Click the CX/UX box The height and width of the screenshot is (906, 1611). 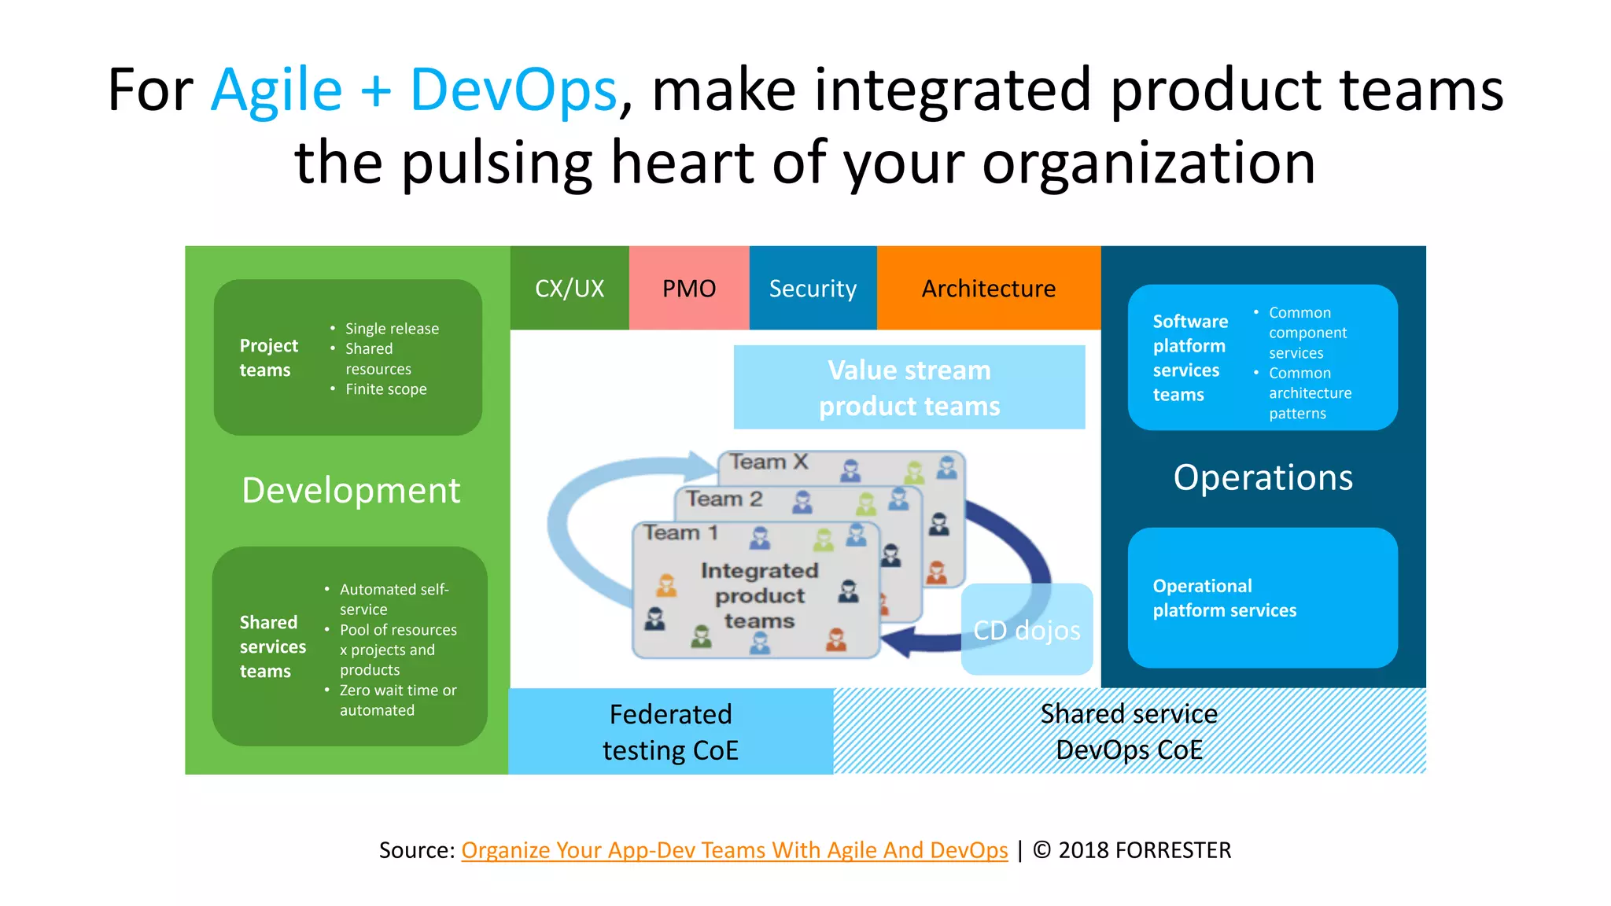570,289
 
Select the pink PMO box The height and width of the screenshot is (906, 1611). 689,289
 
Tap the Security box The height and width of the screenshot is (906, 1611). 813,289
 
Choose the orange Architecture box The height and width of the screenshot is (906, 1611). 989,289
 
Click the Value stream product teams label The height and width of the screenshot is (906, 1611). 909,388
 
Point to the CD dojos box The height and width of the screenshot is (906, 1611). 1027,630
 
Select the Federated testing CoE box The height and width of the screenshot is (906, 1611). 670,731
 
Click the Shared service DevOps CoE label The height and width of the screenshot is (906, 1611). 1129,731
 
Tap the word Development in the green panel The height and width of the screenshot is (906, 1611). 351,491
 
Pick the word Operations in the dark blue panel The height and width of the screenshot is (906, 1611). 1263,478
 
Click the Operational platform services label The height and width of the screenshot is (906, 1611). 1224,598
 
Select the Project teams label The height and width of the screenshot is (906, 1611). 268,358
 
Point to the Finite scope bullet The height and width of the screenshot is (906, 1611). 385,389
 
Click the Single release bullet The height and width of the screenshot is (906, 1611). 392,329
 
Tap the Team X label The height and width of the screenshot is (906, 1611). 769,462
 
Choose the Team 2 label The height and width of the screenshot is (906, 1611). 724,499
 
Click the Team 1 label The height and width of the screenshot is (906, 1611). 681,533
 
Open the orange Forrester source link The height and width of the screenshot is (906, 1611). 734,850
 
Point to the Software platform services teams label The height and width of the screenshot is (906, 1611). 1189,358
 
